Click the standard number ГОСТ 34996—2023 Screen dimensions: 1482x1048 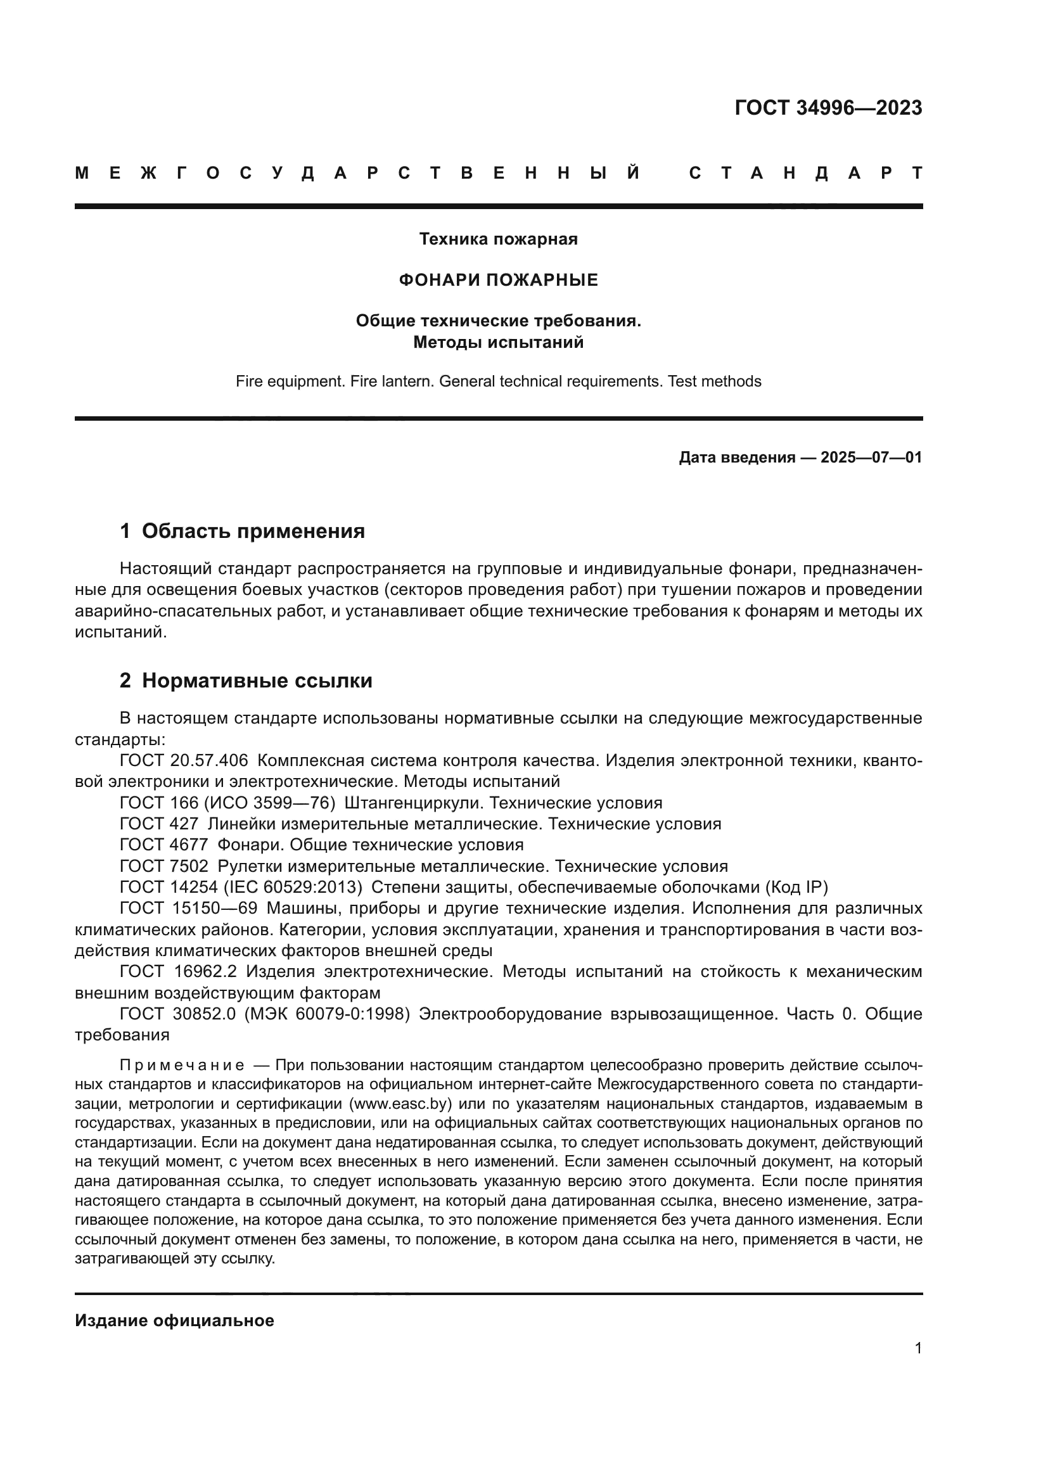click(x=828, y=108)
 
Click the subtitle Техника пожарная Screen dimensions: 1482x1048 click(x=498, y=240)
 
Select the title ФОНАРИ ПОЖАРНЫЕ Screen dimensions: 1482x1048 click(x=498, y=280)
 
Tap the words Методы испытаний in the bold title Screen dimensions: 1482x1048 click(x=498, y=343)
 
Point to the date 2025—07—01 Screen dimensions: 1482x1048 click(x=871, y=457)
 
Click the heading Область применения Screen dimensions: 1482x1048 click(x=253, y=531)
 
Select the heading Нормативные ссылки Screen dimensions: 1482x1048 click(x=257, y=681)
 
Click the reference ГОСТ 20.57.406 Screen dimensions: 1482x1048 click(x=184, y=760)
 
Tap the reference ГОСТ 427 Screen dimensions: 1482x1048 click(x=159, y=824)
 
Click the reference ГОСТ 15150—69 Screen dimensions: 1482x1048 click(x=188, y=909)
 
